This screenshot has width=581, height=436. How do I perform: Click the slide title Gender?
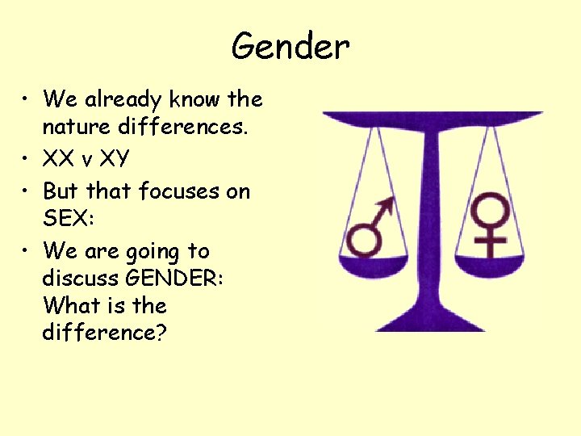[290, 47]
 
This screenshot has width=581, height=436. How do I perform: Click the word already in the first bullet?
[123, 99]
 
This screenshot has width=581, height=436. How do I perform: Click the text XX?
[59, 159]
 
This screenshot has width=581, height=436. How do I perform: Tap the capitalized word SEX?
[67, 220]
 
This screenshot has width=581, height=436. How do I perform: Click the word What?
[67, 306]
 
